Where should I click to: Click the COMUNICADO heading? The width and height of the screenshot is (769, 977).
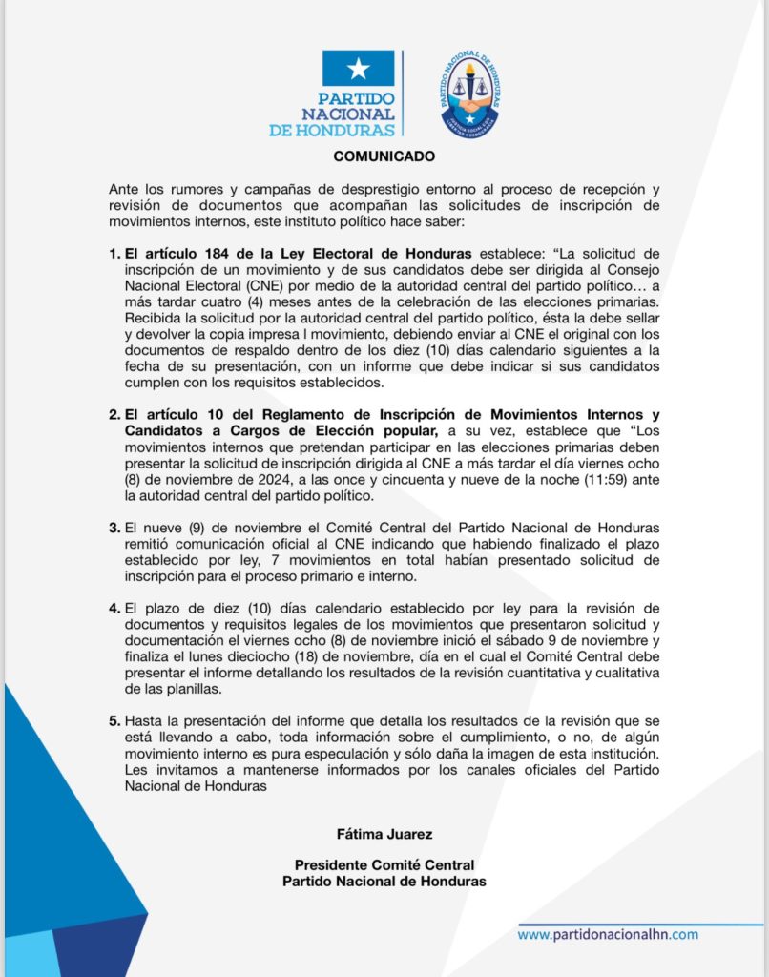click(384, 156)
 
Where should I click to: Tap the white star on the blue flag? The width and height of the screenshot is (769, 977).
click(358, 68)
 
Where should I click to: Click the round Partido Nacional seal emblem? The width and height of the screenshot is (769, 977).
click(469, 93)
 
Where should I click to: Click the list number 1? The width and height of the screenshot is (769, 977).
click(114, 253)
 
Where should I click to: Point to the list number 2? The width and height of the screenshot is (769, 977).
click(114, 414)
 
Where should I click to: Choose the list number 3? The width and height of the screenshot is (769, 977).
click(114, 526)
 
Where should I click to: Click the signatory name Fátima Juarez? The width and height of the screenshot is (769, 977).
click(384, 835)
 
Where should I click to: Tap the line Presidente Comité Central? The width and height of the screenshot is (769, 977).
click(384, 865)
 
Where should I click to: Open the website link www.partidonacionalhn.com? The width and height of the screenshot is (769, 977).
click(608, 935)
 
